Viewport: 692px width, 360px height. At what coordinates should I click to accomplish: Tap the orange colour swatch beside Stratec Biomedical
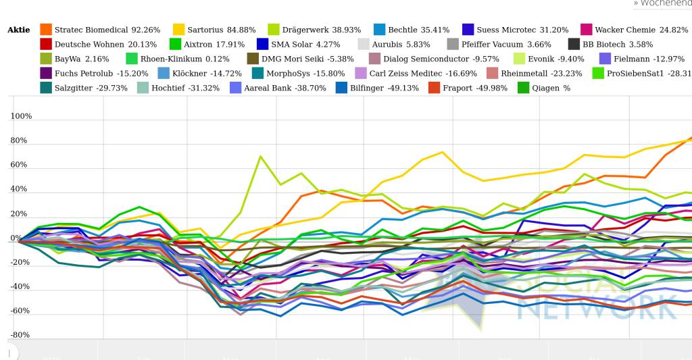tap(46, 30)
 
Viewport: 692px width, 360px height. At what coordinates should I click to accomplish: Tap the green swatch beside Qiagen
tap(523, 88)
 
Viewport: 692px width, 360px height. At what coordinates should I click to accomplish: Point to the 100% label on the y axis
tap(21, 117)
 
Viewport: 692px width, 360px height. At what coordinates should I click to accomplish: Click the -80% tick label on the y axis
tap(20, 335)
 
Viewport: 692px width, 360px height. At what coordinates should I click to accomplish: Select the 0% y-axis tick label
tap(16, 238)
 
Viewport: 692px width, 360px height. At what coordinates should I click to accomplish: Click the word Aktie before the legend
tap(19, 30)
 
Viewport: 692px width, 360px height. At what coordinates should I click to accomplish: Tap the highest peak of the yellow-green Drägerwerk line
tap(260, 156)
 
